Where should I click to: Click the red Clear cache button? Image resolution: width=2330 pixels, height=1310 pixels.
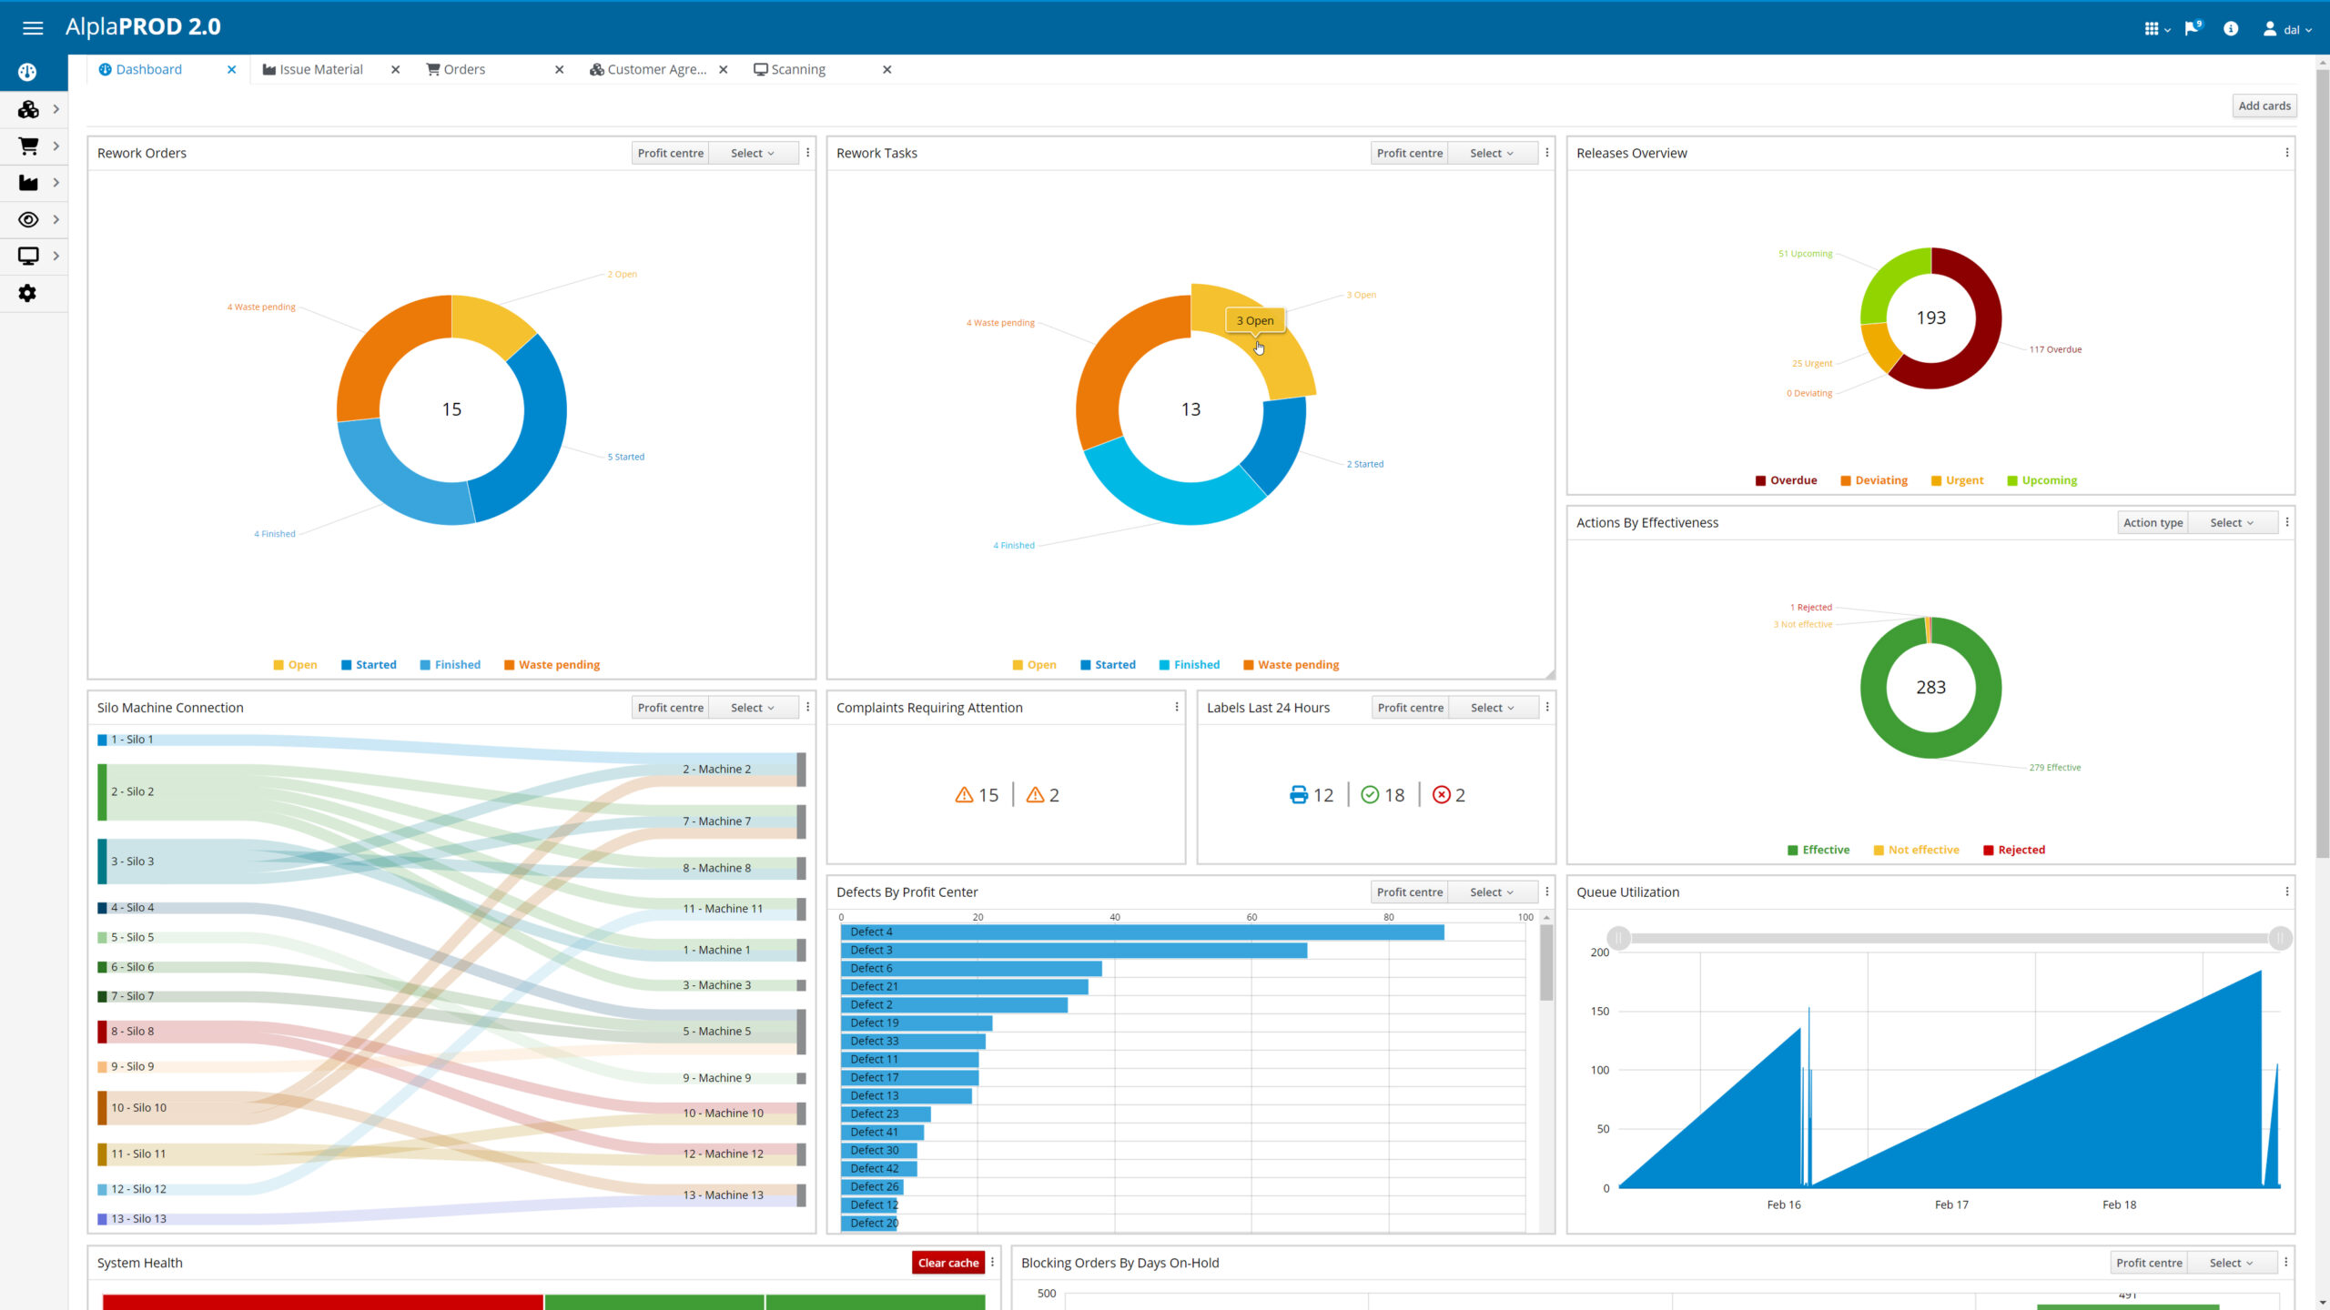(947, 1263)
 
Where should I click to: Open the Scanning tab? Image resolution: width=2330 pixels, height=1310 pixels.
(797, 70)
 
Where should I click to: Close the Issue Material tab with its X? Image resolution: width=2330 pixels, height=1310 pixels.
(395, 70)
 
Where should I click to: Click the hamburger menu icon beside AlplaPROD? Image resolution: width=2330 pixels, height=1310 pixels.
(33, 28)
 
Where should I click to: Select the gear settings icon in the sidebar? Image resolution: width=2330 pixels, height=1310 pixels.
(27, 294)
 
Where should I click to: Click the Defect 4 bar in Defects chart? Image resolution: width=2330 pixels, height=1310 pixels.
(1142, 932)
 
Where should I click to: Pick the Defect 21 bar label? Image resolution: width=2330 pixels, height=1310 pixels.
(874, 987)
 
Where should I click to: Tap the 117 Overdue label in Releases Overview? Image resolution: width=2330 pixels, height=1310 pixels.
(2055, 349)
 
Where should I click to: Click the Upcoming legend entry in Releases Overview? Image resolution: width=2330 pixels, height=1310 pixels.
(2049, 480)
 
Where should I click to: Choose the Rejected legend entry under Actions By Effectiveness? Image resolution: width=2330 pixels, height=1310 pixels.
(2021, 851)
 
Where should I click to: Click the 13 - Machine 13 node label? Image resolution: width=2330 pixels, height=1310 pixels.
(723, 1195)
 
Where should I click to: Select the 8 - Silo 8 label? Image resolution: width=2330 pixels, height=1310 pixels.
(132, 1032)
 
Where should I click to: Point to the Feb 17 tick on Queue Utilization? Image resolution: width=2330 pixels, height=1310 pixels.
(1951, 1204)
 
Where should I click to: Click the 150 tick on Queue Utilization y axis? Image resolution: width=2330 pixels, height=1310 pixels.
(1599, 1012)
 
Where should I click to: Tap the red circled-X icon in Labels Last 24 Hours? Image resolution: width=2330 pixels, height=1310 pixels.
(1441, 795)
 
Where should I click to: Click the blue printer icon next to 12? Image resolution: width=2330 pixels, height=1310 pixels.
(1299, 795)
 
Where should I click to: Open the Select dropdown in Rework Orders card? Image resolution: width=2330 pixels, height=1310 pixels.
(752, 154)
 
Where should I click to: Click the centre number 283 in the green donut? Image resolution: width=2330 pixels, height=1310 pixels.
(1930, 688)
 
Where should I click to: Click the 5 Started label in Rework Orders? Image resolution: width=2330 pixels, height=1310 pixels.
(626, 458)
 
